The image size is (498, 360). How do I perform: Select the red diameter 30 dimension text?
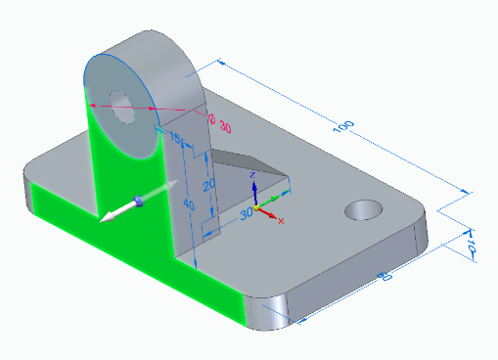coord(224,127)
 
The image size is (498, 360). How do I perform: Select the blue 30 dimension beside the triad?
coord(247,211)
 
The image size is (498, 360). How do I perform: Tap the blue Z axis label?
coord(252,173)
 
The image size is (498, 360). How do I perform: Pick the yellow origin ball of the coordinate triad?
coord(256,208)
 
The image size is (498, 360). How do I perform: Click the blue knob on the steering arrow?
coord(138,201)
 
